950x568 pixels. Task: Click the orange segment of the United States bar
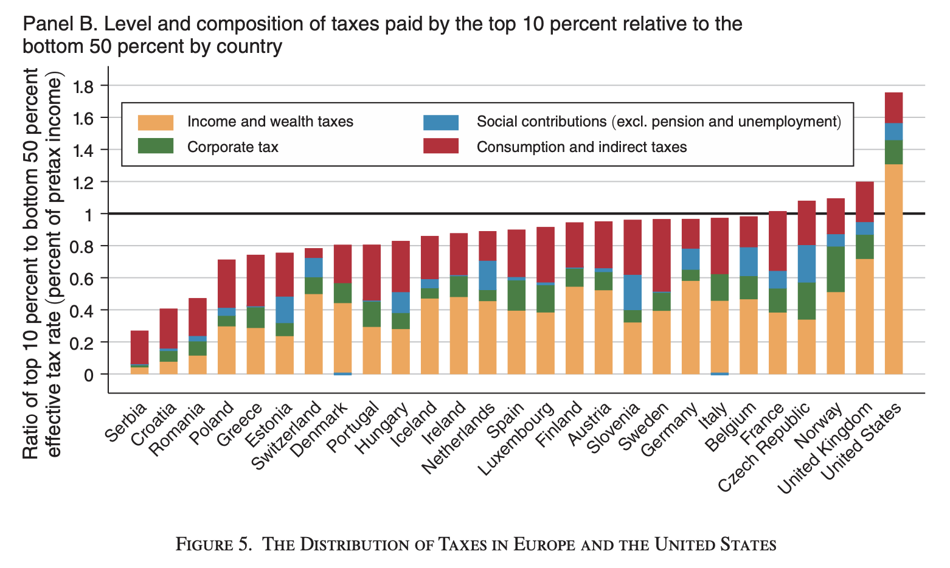point(893,269)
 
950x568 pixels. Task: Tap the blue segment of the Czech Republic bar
point(806,264)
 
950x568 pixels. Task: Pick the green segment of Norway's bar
point(836,269)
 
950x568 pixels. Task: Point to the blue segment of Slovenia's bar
point(633,293)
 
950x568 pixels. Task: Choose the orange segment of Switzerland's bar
point(314,334)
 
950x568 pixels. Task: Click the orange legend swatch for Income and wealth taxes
point(156,122)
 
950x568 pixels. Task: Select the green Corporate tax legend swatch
point(156,147)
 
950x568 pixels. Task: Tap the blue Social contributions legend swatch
point(441,122)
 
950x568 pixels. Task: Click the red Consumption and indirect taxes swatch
point(441,147)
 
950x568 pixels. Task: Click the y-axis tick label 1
point(88,214)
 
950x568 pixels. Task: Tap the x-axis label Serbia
point(127,421)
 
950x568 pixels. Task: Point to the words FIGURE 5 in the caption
point(213,544)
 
